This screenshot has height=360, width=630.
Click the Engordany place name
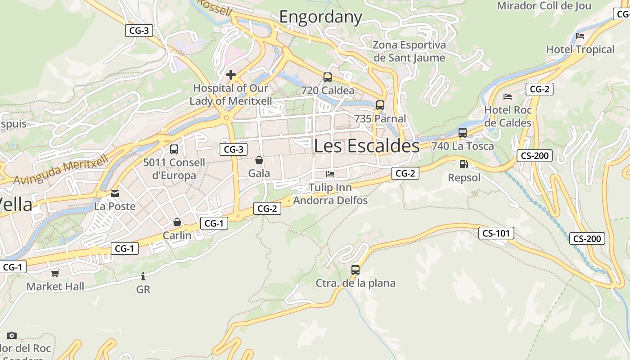pyautogui.click(x=320, y=17)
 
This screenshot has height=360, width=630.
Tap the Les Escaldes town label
pyautogui.click(x=367, y=146)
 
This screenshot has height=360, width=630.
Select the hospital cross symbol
pyautogui.click(x=231, y=74)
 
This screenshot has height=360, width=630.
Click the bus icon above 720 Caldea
pyautogui.click(x=328, y=77)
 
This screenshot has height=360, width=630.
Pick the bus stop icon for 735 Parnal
pyautogui.click(x=380, y=105)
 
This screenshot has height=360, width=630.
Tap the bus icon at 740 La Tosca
pyautogui.click(x=463, y=133)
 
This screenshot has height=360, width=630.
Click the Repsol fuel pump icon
pyautogui.click(x=464, y=164)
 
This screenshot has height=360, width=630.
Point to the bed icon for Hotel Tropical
pyautogui.click(x=580, y=36)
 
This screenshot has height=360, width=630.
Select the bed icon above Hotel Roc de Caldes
pyautogui.click(x=508, y=96)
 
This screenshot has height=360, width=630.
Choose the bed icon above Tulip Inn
pyautogui.click(x=330, y=174)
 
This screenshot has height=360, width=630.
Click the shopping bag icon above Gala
pyautogui.click(x=259, y=160)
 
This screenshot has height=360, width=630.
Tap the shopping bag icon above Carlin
pyautogui.click(x=177, y=222)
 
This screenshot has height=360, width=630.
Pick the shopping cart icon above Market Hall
pyautogui.click(x=55, y=273)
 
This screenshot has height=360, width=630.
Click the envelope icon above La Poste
pyautogui.click(x=115, y=193)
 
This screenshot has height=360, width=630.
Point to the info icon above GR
pyautogui.click(x=143, y=276)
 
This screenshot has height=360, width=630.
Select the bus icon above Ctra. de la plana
pyautogui.click(x=355, y=270)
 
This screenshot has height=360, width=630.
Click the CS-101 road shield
pyautogui.click(x=496, y=233)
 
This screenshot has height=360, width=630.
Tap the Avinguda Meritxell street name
pyautogui.click(x=61, y=170)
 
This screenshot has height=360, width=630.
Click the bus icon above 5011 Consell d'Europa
pyautogui.click(x=174, y=149)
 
